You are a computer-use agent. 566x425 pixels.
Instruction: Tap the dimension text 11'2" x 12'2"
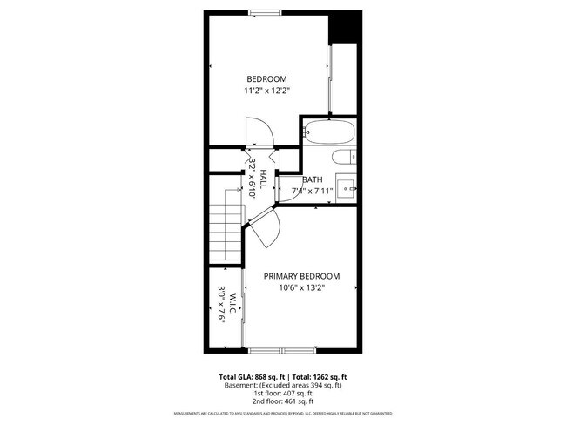(x=267, y=89)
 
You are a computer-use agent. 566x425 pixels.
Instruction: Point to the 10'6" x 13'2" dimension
(x=302, y=288)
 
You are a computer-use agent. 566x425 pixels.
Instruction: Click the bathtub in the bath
(x=329, y=134)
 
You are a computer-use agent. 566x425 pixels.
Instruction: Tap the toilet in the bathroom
(x=342, y=157)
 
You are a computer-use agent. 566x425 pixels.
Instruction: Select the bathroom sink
(x=346, y=186)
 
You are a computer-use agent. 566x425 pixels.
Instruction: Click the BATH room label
(x=312, y=179)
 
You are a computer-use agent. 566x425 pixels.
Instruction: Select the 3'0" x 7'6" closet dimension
(x=222, y=306)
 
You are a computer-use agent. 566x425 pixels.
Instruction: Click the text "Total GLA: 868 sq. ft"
(x=250, y=377)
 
